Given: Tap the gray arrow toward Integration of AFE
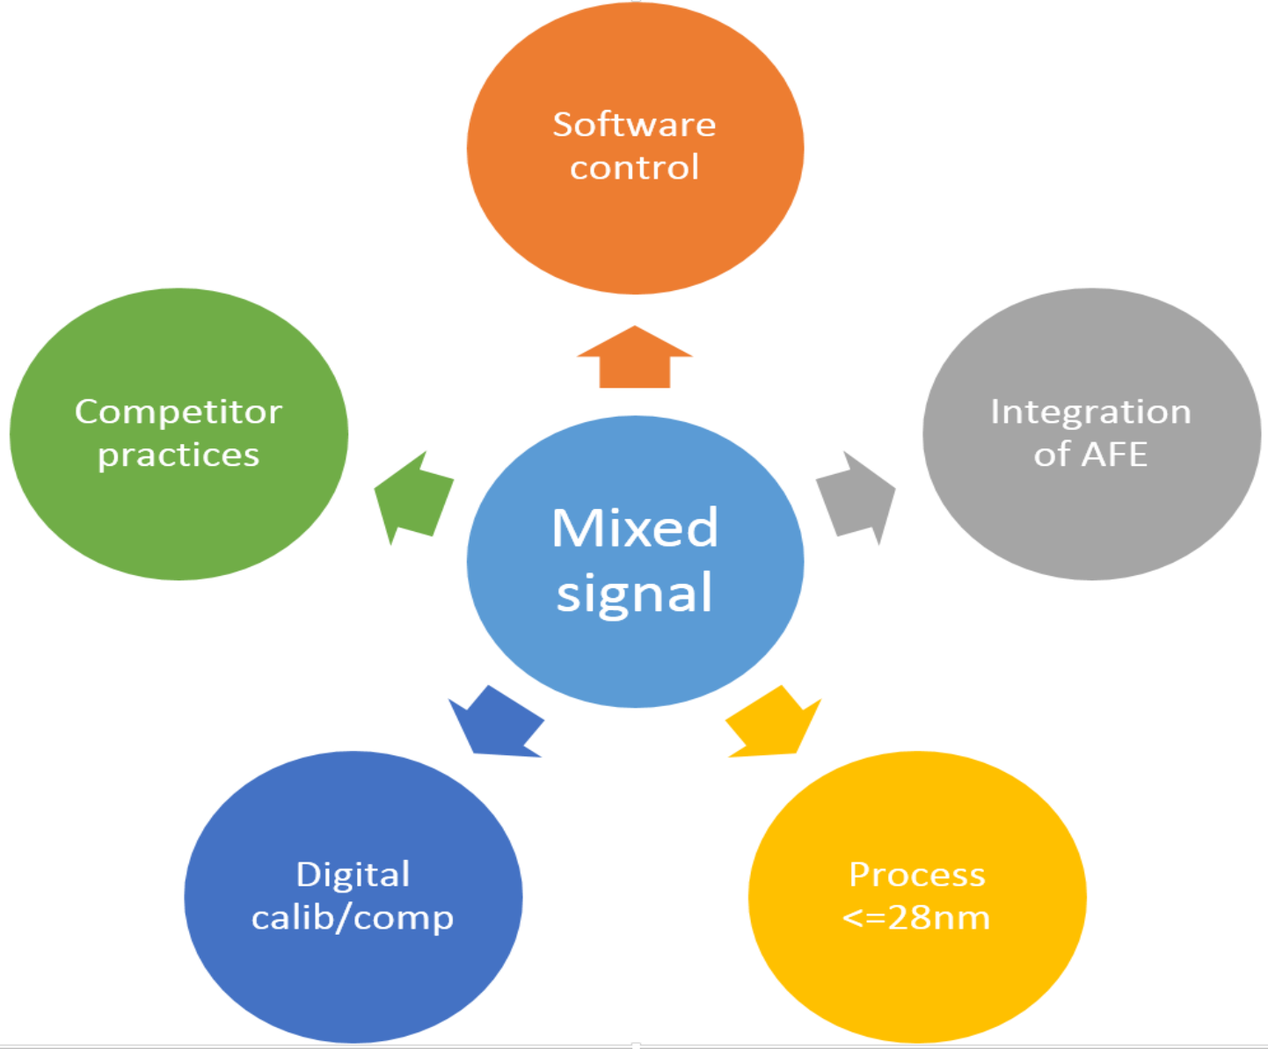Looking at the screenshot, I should tap(856, 498).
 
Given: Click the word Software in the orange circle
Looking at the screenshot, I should tap(634, 125).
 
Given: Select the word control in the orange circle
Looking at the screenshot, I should tap(634, 167).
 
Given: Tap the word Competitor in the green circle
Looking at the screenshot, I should tap(179, 412).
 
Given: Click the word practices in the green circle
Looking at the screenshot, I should tap(179, 455).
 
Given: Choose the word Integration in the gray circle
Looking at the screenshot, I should tap(1090, 412).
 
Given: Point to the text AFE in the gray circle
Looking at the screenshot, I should tap(1114, 455).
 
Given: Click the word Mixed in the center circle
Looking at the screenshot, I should tap(635, 528).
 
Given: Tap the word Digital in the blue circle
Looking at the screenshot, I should tap(353, 875).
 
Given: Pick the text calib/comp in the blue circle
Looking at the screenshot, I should tap(353, 918).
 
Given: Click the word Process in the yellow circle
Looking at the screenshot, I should tap(916, 875).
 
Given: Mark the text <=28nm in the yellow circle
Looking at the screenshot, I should tap(916, 918).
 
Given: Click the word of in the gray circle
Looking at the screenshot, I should tap(1051, 455).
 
